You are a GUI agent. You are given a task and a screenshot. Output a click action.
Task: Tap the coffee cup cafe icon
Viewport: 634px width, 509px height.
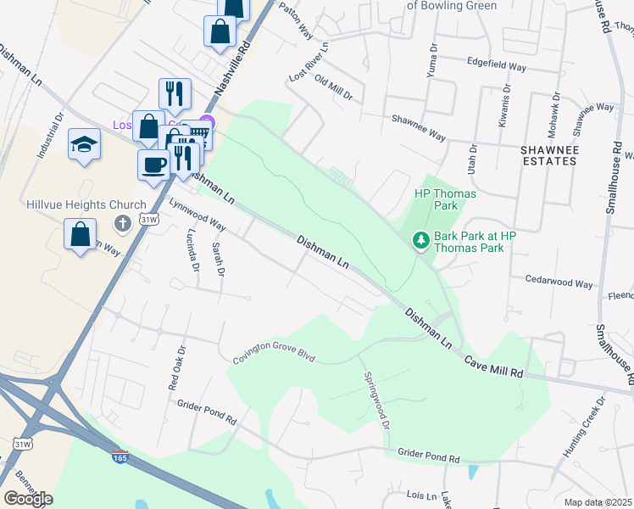click(154, 164)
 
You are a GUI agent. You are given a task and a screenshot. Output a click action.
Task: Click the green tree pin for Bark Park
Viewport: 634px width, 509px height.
click(420, 242)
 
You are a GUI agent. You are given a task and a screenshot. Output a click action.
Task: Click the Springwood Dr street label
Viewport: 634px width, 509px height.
click(375, 400)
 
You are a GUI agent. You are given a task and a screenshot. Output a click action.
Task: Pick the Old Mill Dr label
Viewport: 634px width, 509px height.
click(333, 87)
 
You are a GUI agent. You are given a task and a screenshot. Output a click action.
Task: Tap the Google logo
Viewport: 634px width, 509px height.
click(28, 498)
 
